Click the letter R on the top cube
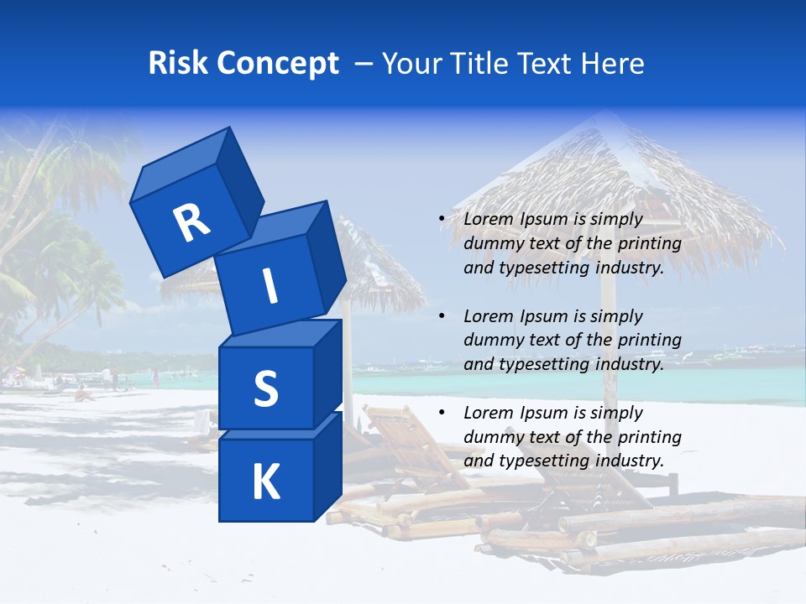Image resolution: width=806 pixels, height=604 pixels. (x=191, y=222)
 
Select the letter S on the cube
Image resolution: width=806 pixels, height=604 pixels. (x=265, y=388)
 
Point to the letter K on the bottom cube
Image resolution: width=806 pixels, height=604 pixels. (x=265, y=482)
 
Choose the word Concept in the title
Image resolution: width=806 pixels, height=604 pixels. (x=278, y=64)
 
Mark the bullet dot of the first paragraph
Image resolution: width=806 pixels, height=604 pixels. (x=442, y=220)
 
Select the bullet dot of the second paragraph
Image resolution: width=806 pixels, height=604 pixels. (x=442, y=317)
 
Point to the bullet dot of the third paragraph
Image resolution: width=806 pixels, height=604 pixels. (x=442, y=414)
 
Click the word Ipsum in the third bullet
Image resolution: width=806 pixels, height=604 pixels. (x=543, y=413)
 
